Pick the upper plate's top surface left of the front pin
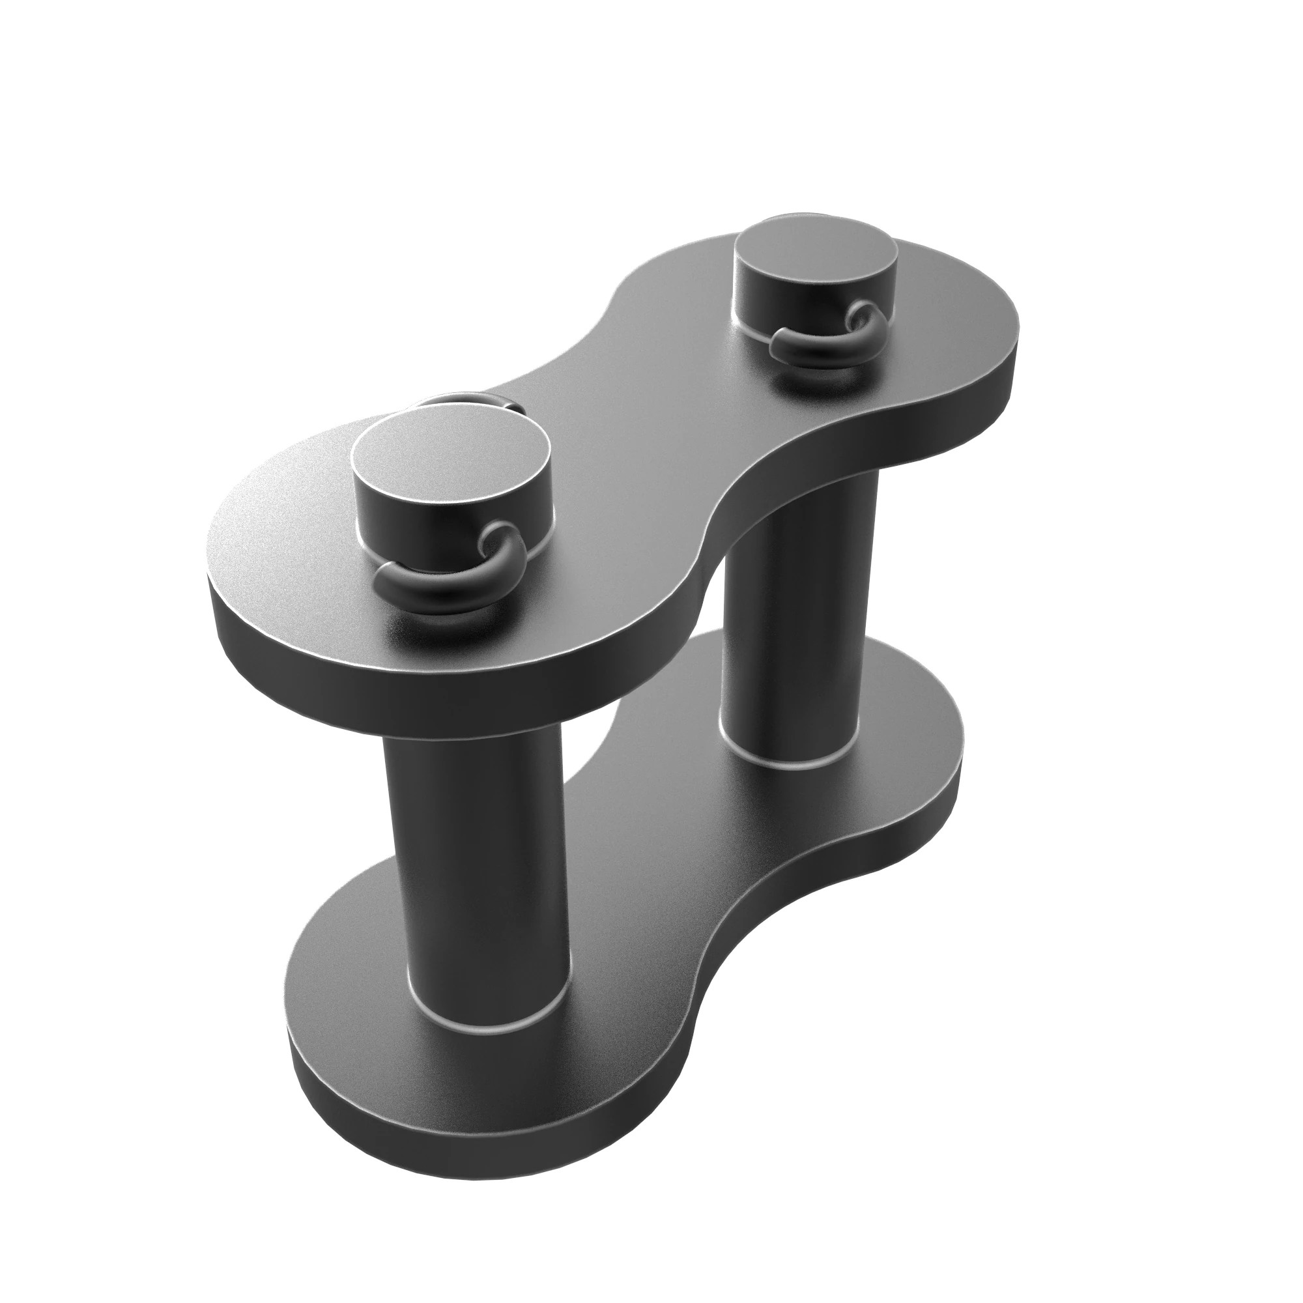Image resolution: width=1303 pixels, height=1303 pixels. coord(283,533)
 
